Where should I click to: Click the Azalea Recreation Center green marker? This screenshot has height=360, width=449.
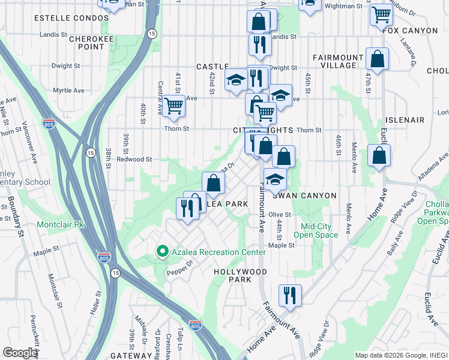(x=161, y=252)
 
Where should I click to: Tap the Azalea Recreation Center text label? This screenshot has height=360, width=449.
(x=218, y=253)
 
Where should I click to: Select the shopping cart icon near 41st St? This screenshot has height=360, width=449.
(x=174, y=106)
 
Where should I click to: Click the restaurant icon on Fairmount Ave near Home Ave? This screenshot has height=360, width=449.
(x=289, y=295)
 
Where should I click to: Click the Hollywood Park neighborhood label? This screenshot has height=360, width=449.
(x=240, y=276)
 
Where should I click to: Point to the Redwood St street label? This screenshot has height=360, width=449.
(x=134, y=160)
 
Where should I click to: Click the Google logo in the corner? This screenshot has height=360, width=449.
(x=20, y=353)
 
